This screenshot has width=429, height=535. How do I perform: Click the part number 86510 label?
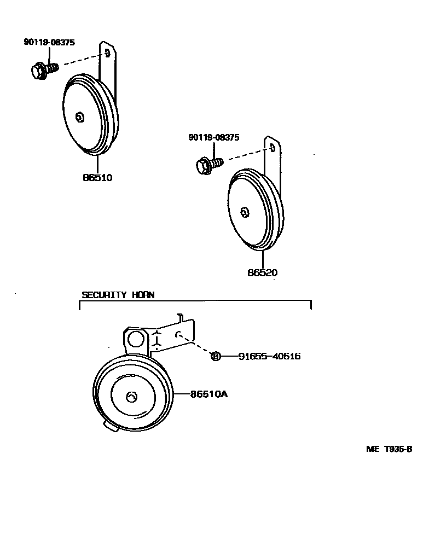pyautogui.click(x=97, y=178)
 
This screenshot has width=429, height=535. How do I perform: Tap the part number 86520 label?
pyautogui.click(x=262, y=272)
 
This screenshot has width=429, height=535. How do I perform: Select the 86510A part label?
pyautogui.click(x=208, y=393)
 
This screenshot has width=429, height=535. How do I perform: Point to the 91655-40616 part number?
pyautogui.click(x=269, y=357)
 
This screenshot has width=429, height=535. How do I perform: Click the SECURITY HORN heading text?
pyautogui.click(x=118, y=295)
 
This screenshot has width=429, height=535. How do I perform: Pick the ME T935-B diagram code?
pyautogui.click(x=389, y=449)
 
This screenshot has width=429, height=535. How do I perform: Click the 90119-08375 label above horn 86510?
pyautogui.click(x=49, y=42)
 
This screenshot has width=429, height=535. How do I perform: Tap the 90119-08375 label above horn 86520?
pyautogui.click(x=214, y=138)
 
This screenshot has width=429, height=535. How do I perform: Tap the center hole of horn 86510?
pyautogui.click(x=79, y=117)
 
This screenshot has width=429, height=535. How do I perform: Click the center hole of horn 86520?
pyautogui.click(x=245, y=212)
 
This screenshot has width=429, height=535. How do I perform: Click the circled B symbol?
pyautogui.click(x=216, y=357)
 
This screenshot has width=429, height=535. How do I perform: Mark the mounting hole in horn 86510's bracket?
pyautogui.click(x=107, y=53)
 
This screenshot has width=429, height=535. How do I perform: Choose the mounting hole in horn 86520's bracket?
pyautogui.click(x=272, y=148)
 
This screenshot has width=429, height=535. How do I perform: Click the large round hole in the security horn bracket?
pyautogui.click(x=134, y=340)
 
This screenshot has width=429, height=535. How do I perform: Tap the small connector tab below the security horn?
pyautogui.click(x=109, y=427)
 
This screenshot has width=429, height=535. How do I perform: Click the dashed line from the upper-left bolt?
pyautogui.click(x=82, y=60)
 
